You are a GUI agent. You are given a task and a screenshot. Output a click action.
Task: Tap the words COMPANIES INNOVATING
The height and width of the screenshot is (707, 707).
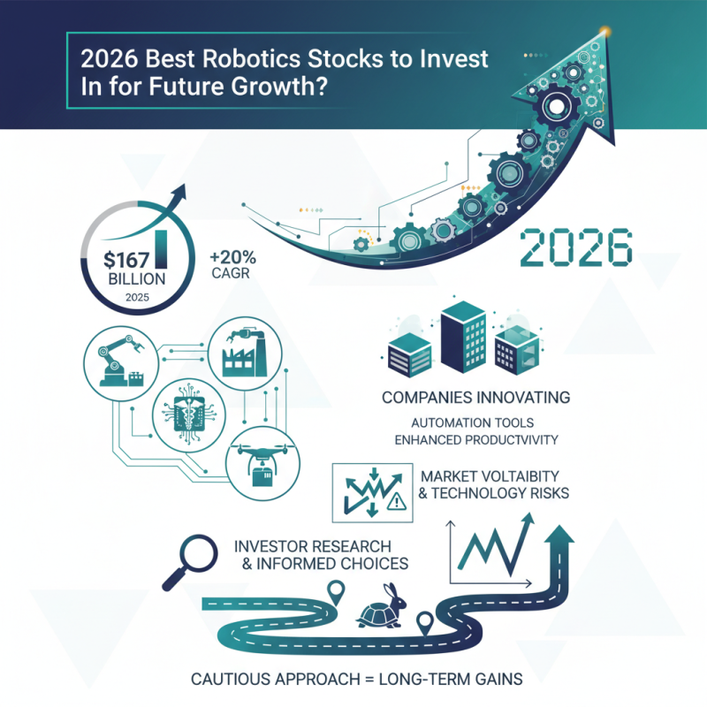(x=475, y=397)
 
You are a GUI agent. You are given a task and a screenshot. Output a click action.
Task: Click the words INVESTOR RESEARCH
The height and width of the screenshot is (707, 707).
(x=312, y=543)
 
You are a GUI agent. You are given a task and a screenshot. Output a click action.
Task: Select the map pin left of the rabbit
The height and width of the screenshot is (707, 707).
(x=334, y=589)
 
